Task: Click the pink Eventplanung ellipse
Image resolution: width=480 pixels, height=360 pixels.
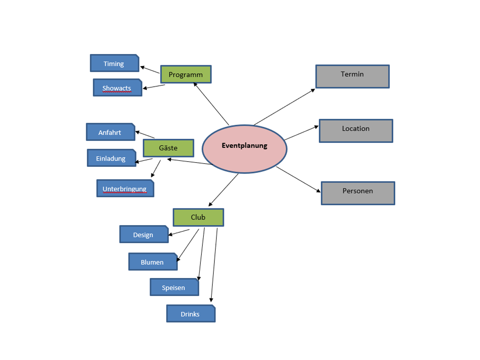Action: click(244, 149)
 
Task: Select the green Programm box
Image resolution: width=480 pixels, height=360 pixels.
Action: click(186, 74)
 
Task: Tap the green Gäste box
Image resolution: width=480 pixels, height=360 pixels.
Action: click(168, 148)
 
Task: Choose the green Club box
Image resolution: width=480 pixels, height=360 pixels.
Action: click(198, 217)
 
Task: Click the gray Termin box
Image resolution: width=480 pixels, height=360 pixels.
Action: click(352, 76)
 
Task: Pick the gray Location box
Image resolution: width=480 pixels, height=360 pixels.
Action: click(356, 131)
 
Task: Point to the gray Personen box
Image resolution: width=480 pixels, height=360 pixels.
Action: click(358, 193)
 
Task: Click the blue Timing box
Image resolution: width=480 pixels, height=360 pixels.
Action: click(114, 63)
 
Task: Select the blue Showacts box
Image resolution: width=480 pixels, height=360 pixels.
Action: click(117, 88)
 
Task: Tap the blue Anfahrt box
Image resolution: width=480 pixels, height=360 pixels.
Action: click(110, 132)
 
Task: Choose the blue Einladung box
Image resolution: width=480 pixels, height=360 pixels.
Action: click(111, 158)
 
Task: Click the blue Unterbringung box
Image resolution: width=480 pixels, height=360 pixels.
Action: click(125, 188)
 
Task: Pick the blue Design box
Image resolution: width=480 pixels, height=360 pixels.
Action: click(144, 234)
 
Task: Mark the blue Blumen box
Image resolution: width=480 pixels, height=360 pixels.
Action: click(152, 262)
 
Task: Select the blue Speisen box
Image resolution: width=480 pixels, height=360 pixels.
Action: click(174, 287)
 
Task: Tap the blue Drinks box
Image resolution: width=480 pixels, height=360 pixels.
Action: click(190, 314)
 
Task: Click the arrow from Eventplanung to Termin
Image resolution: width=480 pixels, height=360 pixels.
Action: click(284, 107)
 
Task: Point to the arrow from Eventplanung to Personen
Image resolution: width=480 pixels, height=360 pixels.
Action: click(298, 180)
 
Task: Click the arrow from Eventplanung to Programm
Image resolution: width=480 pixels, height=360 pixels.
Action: click(211, 104)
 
